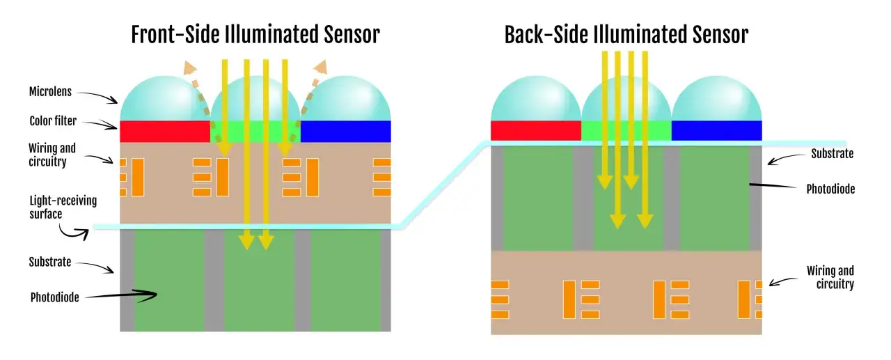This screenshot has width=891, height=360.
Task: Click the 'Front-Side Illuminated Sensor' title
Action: [x=255, y=34]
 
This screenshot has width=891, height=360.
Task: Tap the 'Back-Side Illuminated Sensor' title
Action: [x=626, y=34]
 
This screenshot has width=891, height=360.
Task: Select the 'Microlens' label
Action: [x=50, y=91]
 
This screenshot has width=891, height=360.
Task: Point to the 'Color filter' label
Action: [x=53, y=120]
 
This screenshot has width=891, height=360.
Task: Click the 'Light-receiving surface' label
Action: [x=63, y=208]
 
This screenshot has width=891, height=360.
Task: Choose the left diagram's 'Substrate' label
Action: [x=49, y=262]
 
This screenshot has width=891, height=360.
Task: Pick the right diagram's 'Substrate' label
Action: [x=832, y=153]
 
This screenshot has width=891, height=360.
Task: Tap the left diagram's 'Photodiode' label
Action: [x=54, y=297]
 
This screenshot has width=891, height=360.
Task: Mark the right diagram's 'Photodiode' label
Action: [x=830, y=189]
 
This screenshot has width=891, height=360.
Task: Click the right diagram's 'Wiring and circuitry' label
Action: [x=830, y=277]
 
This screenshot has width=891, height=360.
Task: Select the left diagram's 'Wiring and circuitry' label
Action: [x=52, y=155]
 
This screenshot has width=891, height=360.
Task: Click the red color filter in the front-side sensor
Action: [x=165, y=132]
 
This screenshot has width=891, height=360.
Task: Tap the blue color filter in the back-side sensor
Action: [x=717, y=130]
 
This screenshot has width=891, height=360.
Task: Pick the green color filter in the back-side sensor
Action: [x=626, y=130]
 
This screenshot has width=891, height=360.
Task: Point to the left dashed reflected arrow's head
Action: [x=189, y=68]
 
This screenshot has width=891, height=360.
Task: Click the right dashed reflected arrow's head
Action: [x=321, y=67]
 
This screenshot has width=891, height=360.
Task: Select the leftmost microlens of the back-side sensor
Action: [x=536, y=99]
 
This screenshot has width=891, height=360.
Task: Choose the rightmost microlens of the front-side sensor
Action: [x=346, y=99]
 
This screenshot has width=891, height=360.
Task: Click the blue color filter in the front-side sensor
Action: [x=346, y=132]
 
